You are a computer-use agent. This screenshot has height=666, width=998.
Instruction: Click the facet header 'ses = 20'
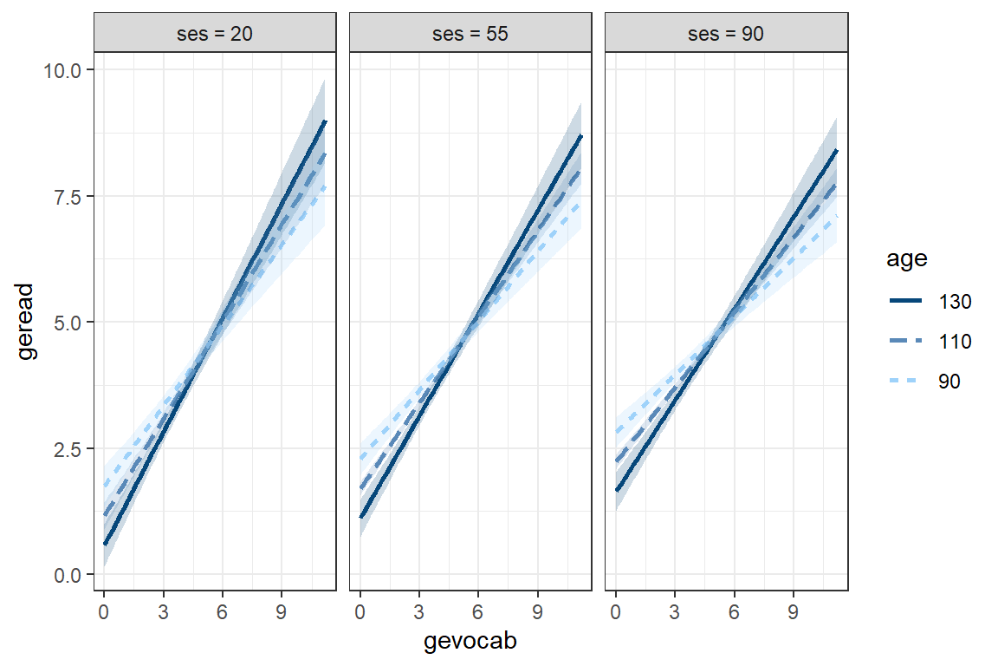(214, 36)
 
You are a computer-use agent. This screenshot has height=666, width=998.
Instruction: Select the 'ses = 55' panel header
(470, 36)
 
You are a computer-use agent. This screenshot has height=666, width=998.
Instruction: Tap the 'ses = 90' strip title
(726, 36)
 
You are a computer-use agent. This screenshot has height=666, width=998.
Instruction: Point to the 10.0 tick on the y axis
(63, 69)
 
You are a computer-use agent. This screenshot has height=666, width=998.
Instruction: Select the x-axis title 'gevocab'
(470, 642)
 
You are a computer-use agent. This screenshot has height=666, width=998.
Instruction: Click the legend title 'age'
(902, 259)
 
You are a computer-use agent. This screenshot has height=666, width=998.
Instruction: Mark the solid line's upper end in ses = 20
(325, 121)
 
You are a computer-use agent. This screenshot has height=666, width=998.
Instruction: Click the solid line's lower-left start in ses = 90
(616, 491)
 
